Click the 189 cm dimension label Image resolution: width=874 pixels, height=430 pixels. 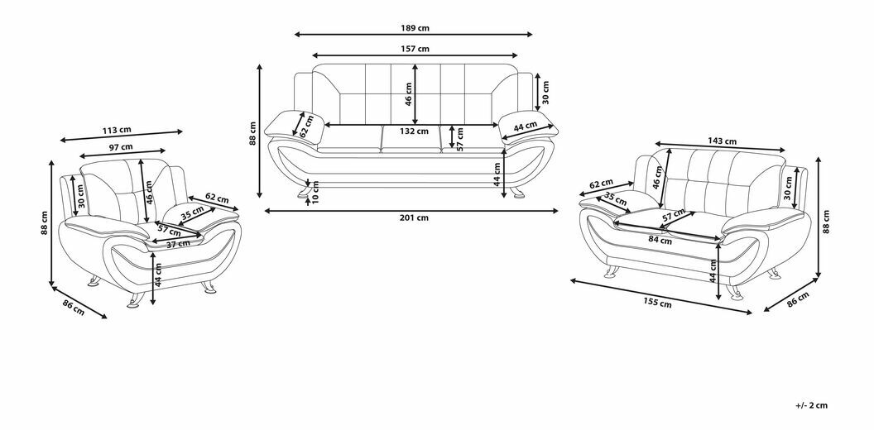coord(415,27)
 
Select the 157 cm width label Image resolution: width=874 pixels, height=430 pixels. coord(415,49)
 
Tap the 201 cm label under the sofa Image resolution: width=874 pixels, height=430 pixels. coord(415,218)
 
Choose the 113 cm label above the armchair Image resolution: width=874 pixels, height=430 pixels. coord(117,131)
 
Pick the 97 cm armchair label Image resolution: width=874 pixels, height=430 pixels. coord(121,146)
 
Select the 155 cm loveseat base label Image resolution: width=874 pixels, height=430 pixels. coord(659,303)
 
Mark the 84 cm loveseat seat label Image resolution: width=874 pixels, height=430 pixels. coord(660,240)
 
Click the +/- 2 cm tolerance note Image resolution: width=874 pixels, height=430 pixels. coord(811,405)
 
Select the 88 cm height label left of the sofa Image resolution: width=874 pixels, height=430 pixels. coord(253,134)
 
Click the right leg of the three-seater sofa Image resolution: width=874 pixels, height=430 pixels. coord(518,193)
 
